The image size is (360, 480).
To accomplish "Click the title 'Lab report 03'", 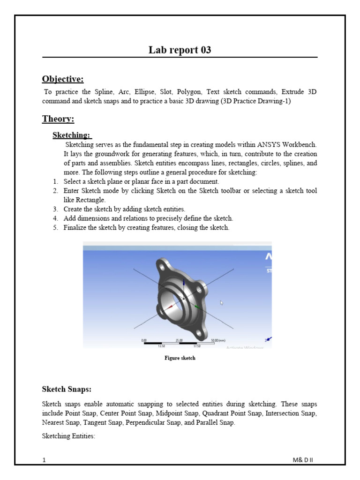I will point(180,50).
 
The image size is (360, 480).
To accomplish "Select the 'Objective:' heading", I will point(63,78).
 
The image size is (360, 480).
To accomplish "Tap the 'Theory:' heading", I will point(58,119).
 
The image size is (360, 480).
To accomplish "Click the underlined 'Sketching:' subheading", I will point(72,135).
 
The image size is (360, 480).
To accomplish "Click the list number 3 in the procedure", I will point(55,209).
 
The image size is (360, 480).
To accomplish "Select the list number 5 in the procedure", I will point(55,228).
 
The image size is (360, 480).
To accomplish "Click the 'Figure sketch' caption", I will point(180,358).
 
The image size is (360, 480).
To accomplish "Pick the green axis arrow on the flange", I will point(197,307).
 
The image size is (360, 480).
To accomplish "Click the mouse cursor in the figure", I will point(222,303).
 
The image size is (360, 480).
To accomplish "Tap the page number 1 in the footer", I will point(44,460).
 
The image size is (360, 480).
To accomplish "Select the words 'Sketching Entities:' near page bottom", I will point(69,436).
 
